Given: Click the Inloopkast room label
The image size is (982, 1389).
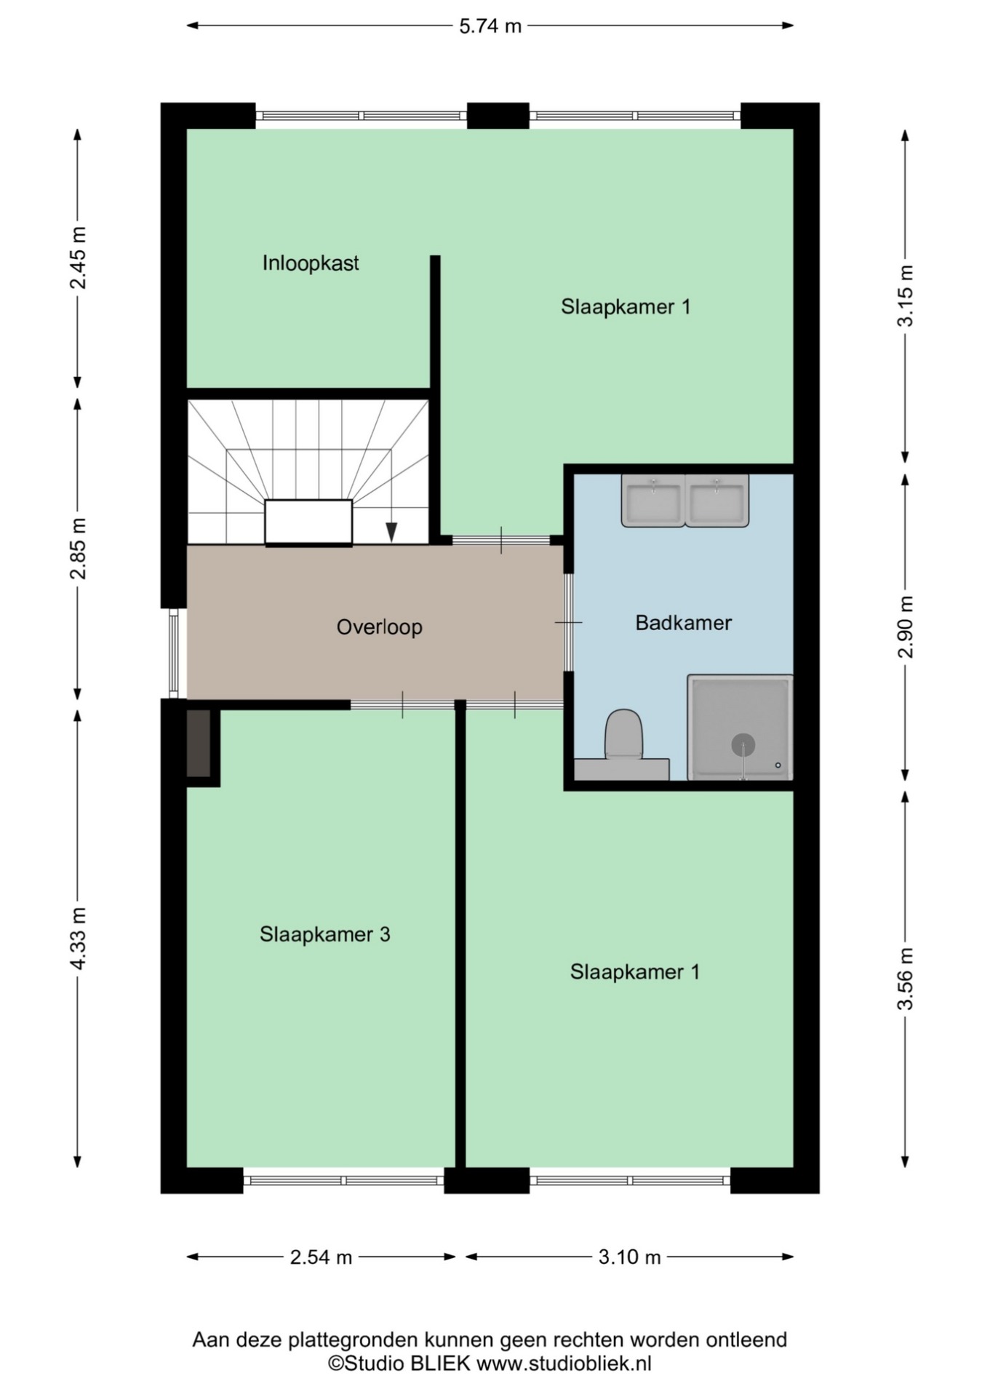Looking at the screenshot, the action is tap(311, 263).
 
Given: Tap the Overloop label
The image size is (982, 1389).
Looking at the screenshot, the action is tap(379, 626).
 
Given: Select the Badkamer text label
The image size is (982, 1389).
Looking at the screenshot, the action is tap(683, 623).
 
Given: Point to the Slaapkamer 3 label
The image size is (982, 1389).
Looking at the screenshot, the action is tap(324, 934).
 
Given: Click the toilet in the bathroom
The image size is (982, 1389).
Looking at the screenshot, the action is tap(623, 735).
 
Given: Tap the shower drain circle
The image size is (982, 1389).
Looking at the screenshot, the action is tap(743, 745).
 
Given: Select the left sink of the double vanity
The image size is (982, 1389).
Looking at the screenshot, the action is tap(652, 500).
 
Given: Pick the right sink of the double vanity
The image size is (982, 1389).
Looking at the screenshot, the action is tap(716, 500).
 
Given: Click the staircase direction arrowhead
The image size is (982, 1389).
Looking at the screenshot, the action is tap(391, 532).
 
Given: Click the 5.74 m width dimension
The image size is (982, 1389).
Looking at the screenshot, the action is tap(490, 26).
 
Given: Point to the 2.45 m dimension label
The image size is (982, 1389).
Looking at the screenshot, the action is tap(78, 258).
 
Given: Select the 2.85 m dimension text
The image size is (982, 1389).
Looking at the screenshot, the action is tap(78, 549).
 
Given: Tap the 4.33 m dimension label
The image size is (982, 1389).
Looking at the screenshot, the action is tap(78, 939).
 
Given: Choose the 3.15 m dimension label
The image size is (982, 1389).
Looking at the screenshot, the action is tap(905, 296).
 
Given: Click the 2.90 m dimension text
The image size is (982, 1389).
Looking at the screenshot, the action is tap(905, 626).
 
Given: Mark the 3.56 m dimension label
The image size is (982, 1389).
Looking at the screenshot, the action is tap(905, 979).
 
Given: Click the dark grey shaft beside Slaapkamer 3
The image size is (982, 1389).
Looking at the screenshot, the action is tap(199, 744).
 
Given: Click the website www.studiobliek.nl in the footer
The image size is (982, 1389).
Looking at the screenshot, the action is tap(564, 1363).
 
